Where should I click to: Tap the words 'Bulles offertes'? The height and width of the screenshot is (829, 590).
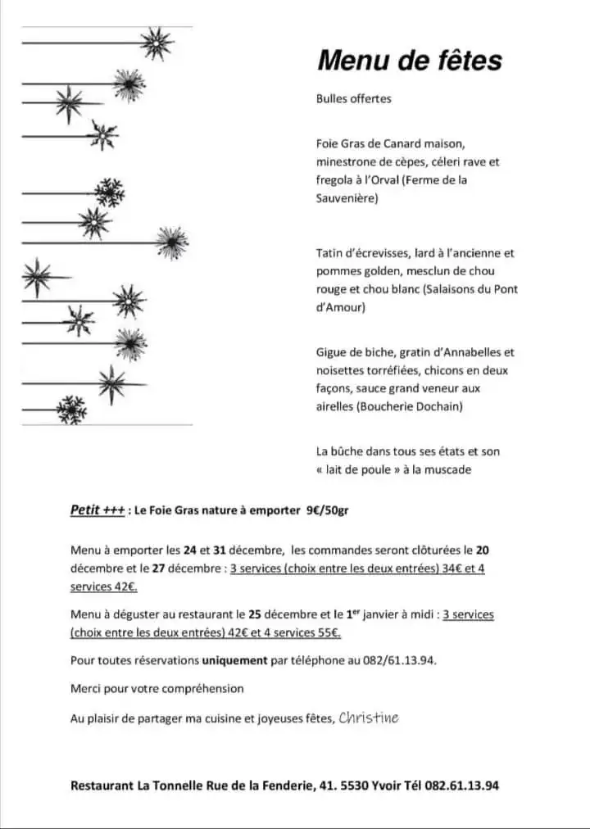coord(354,99)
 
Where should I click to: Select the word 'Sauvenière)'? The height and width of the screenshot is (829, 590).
coord(347,198)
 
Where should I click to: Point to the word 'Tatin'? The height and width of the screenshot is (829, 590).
coord(330,253)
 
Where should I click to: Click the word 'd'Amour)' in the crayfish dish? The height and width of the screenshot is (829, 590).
coord(341,307)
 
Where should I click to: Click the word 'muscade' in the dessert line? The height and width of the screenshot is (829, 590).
coord(449,469)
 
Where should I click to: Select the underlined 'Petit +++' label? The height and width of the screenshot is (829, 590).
coord(98,510)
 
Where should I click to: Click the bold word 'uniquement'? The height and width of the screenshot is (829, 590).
coord(234,659)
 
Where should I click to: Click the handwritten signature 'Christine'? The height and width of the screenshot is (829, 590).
coord(369,718)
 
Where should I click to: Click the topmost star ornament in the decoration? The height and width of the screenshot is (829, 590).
coord(156,43)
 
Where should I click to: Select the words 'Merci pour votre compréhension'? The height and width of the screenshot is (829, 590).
coord(157,689)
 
